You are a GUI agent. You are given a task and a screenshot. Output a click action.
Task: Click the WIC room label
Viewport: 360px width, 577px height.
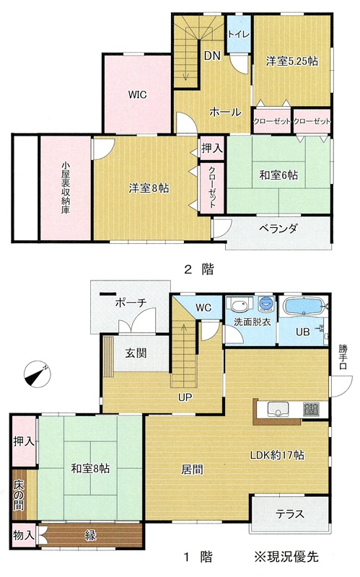137,94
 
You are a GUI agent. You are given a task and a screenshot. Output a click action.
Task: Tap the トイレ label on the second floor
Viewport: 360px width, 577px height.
239,34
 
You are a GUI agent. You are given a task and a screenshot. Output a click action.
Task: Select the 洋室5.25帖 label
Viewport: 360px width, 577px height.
292,61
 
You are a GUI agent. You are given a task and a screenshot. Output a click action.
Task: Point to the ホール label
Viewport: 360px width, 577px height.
225,112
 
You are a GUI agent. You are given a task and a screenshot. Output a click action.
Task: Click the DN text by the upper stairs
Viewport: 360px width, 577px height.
212,56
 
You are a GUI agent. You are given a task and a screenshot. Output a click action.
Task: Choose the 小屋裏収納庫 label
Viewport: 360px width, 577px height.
66,188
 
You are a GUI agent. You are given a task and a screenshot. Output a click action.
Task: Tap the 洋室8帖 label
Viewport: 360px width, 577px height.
149,188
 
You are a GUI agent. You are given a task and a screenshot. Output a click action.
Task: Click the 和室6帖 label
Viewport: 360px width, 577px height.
278,175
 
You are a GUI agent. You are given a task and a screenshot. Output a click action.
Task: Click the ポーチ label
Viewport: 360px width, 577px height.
131,303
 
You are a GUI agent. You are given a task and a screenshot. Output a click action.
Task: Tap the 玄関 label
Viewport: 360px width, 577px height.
136,353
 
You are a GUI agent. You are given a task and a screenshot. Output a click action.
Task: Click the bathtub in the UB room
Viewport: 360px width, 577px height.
304,307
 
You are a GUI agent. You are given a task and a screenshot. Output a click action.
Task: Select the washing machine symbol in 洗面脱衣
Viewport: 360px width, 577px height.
266,304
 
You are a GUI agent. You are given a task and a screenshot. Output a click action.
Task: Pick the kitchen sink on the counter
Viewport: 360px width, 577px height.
278,409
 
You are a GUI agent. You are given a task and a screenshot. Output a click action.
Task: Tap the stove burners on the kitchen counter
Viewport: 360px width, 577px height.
311,409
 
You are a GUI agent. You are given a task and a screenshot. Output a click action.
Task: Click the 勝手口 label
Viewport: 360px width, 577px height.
343,356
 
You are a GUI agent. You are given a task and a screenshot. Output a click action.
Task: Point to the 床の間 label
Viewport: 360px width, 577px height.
19,495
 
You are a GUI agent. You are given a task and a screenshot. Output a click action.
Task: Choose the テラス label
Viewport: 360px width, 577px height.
290,514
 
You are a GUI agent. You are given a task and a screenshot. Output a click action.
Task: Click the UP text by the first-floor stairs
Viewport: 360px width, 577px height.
185,398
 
